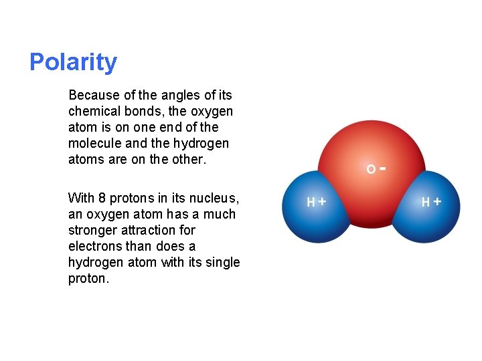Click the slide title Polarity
click(73, 62)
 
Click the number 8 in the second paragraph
click(102, 198)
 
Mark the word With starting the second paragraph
click(81, 198)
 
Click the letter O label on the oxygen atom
click(371, 170)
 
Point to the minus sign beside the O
click(382, 168)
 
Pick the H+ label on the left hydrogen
click(316, 201)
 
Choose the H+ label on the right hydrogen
click(431, 201)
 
